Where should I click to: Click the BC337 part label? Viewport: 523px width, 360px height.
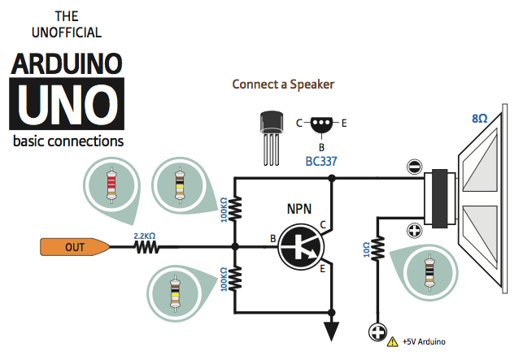322,161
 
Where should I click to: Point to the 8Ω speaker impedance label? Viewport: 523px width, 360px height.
480,119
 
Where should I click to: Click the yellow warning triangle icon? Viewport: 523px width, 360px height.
394,342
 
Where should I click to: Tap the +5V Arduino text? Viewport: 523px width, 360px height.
424,342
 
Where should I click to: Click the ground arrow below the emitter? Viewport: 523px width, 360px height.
332,330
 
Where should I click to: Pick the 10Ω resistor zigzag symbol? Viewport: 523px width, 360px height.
377,248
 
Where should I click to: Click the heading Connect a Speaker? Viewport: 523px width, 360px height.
283,85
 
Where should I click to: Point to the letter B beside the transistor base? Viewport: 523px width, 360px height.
272,238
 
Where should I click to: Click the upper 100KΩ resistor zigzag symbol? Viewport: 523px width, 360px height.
235,210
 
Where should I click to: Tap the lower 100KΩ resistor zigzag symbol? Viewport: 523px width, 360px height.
235,278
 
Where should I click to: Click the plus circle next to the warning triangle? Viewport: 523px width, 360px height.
377,332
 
